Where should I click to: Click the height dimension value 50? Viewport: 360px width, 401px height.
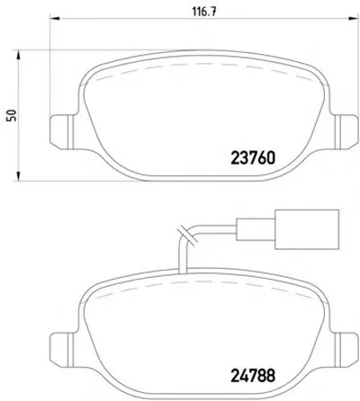pos(13,115)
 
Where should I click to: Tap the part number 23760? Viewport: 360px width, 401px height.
pos(253,158)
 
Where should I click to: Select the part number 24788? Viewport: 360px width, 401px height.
pos(253,375)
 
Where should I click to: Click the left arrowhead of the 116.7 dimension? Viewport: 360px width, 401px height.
pos(55,19)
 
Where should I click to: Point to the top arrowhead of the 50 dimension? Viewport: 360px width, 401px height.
pos(18,56)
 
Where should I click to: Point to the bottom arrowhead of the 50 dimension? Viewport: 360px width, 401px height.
pos(18,175)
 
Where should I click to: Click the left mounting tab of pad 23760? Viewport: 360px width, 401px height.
pos(61,132)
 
